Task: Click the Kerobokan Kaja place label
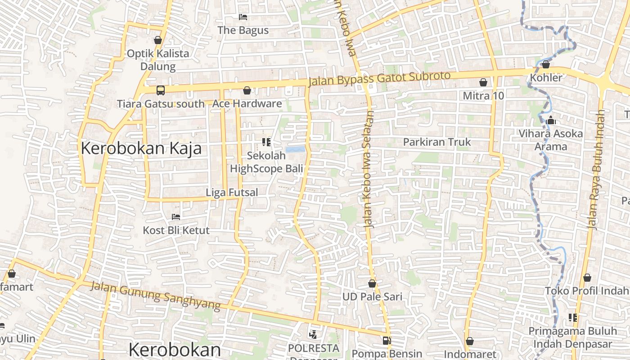(141, 148)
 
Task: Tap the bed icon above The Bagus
(243, 17)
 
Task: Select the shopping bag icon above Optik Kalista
(158, 40)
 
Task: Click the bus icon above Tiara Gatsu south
(161, 90)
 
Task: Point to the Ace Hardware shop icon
(247, 91)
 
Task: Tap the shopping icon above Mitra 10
(483, 82)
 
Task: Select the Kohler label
(546, 77)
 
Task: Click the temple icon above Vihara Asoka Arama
(551, 121)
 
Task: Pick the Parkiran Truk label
(436, 142)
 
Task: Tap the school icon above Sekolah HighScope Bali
(266, 143)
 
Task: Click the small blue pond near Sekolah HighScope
(295, 149)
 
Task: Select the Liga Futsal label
(232, 193)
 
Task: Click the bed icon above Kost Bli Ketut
(176, 217)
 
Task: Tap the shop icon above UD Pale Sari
(372, 283)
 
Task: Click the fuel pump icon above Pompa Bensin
(387, 341)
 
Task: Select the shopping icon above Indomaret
(470, 341)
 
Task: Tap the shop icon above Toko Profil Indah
(587, 278)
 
